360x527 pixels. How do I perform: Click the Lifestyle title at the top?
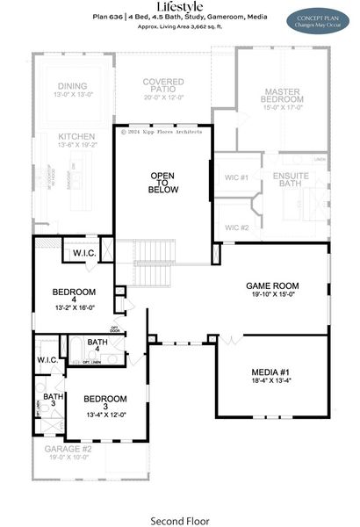pyautogui.click(x=179, y=7)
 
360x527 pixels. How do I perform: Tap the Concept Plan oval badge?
pyautogui.click(x=318, y=19)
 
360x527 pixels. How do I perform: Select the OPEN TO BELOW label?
pyautogui.click(x=163, y=182)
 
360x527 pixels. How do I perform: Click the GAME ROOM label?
pyautogui.click(x=272, y=286)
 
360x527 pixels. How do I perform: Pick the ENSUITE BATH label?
pyautogui.click(x=288, y=179)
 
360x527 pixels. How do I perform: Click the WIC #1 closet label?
pyautogui.click(x=237, y=177)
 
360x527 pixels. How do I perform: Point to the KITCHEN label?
pyautogui.click(x=77, y=137)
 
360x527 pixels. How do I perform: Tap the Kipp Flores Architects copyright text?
pyautogui.click(x=162, y=132)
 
